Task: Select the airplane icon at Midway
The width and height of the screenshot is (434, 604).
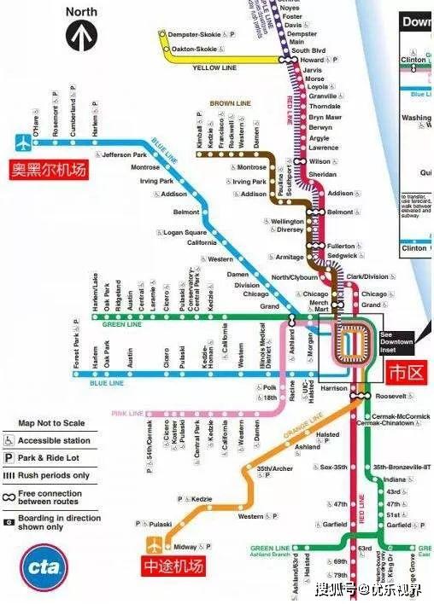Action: click(x=154, y=543)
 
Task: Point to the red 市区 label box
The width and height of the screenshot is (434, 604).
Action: click(x=407, y=373)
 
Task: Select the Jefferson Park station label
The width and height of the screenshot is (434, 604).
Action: click(x=125, y=155)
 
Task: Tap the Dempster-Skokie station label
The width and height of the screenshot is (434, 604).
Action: click(x=197, y=35)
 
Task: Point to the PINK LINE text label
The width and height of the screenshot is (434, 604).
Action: click(x=126, y=413)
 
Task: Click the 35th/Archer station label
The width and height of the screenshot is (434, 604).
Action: click(x=275, y=468)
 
